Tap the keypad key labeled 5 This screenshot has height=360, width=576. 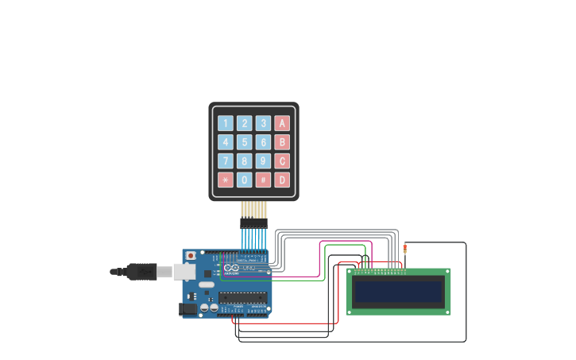click(x=245, y=142)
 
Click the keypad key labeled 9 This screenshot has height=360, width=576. click(x=263, y=161)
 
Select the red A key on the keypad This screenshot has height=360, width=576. click(x=282, y=123)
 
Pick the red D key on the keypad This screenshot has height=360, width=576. click(x=282, y=180)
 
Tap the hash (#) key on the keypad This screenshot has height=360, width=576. click(x=263, y=180)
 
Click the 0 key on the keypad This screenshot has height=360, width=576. click(x=245, y=180)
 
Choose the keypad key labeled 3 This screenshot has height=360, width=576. click(x=263, y=123)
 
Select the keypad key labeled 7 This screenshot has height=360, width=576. click(x=226, y=161)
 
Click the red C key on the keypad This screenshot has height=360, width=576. click(x=282, y=161)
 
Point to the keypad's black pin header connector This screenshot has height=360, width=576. click(x=254, y=223)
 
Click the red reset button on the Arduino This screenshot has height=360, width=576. click(x=191, y=256)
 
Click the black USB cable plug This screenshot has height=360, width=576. click(x=141, y=272)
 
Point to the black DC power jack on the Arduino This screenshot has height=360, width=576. click(x=188, y=308)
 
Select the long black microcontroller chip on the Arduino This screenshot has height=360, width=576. click(x=243, y=298)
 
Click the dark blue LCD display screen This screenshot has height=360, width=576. click(x=398, y=292)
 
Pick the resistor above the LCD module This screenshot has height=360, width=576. click(x=405, y=249)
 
